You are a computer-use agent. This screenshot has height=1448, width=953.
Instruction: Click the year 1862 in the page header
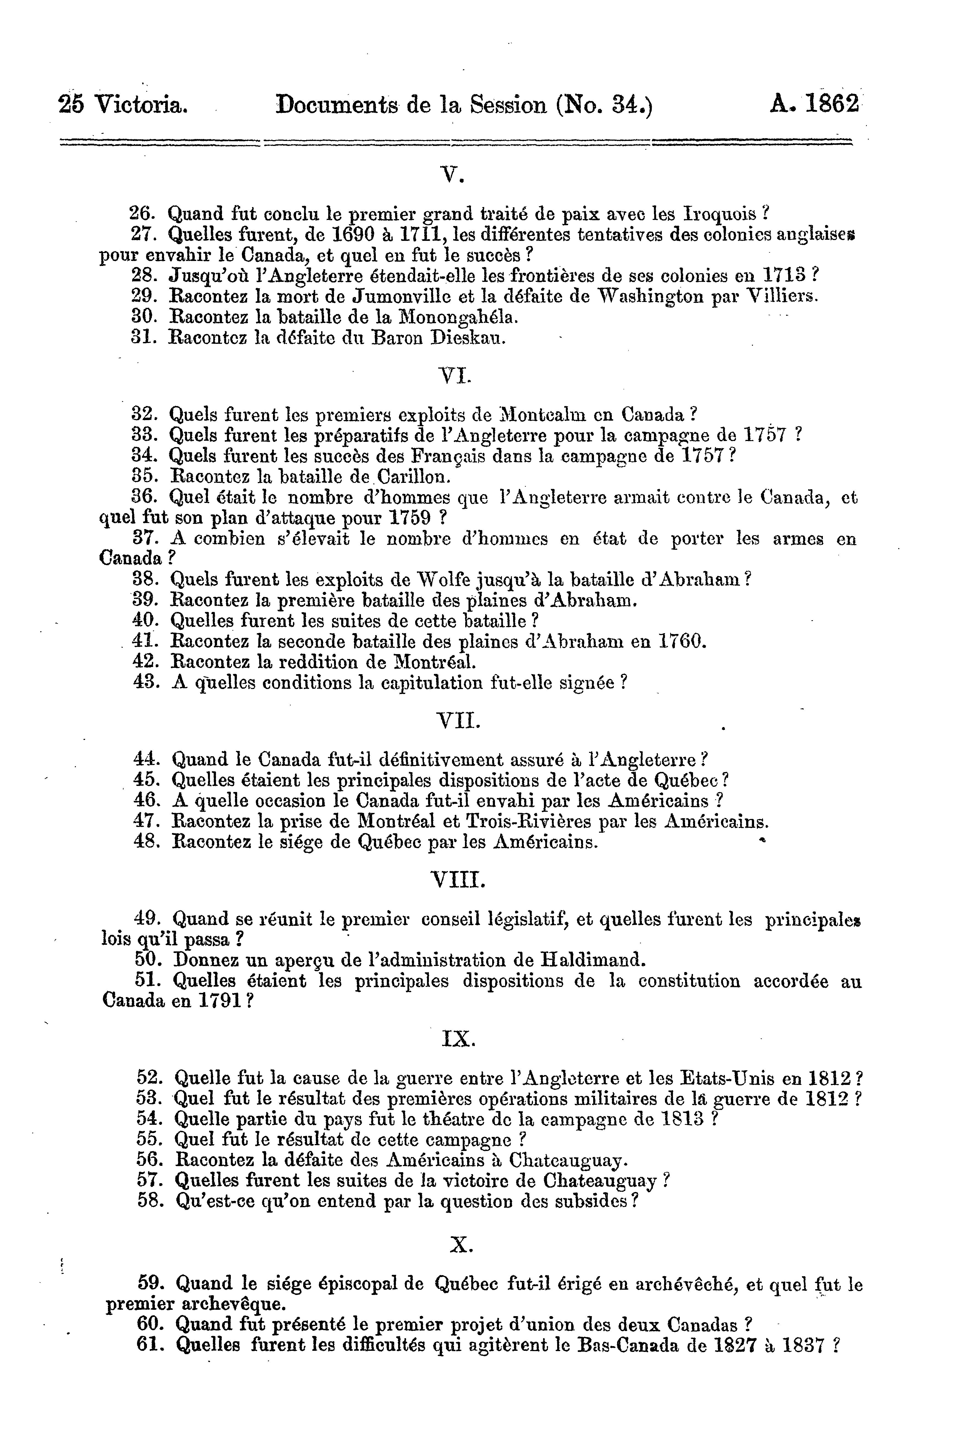[x=832, y=105]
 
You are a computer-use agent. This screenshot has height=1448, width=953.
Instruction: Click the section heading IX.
[x=457, y=1039]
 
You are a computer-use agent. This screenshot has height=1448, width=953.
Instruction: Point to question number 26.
[x=143, y=214]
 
